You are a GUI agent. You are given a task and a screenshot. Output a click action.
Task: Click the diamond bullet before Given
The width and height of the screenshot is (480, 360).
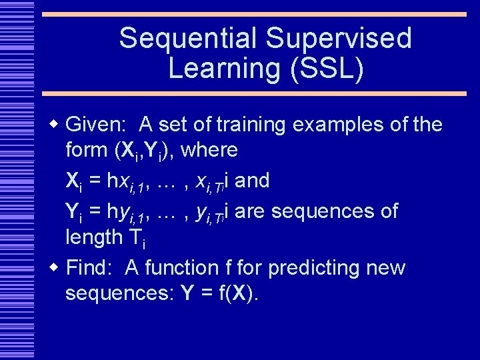(x=55, y=124)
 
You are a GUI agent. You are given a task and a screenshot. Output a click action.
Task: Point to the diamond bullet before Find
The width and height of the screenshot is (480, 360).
(x=55, y=268)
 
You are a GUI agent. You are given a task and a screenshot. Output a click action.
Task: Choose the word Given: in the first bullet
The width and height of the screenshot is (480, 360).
(x=97, y=125)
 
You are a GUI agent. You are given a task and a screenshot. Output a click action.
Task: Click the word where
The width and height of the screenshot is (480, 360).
(x=209, y=151)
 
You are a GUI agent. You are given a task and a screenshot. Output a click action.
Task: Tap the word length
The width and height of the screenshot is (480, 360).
(x=93, y=237)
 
